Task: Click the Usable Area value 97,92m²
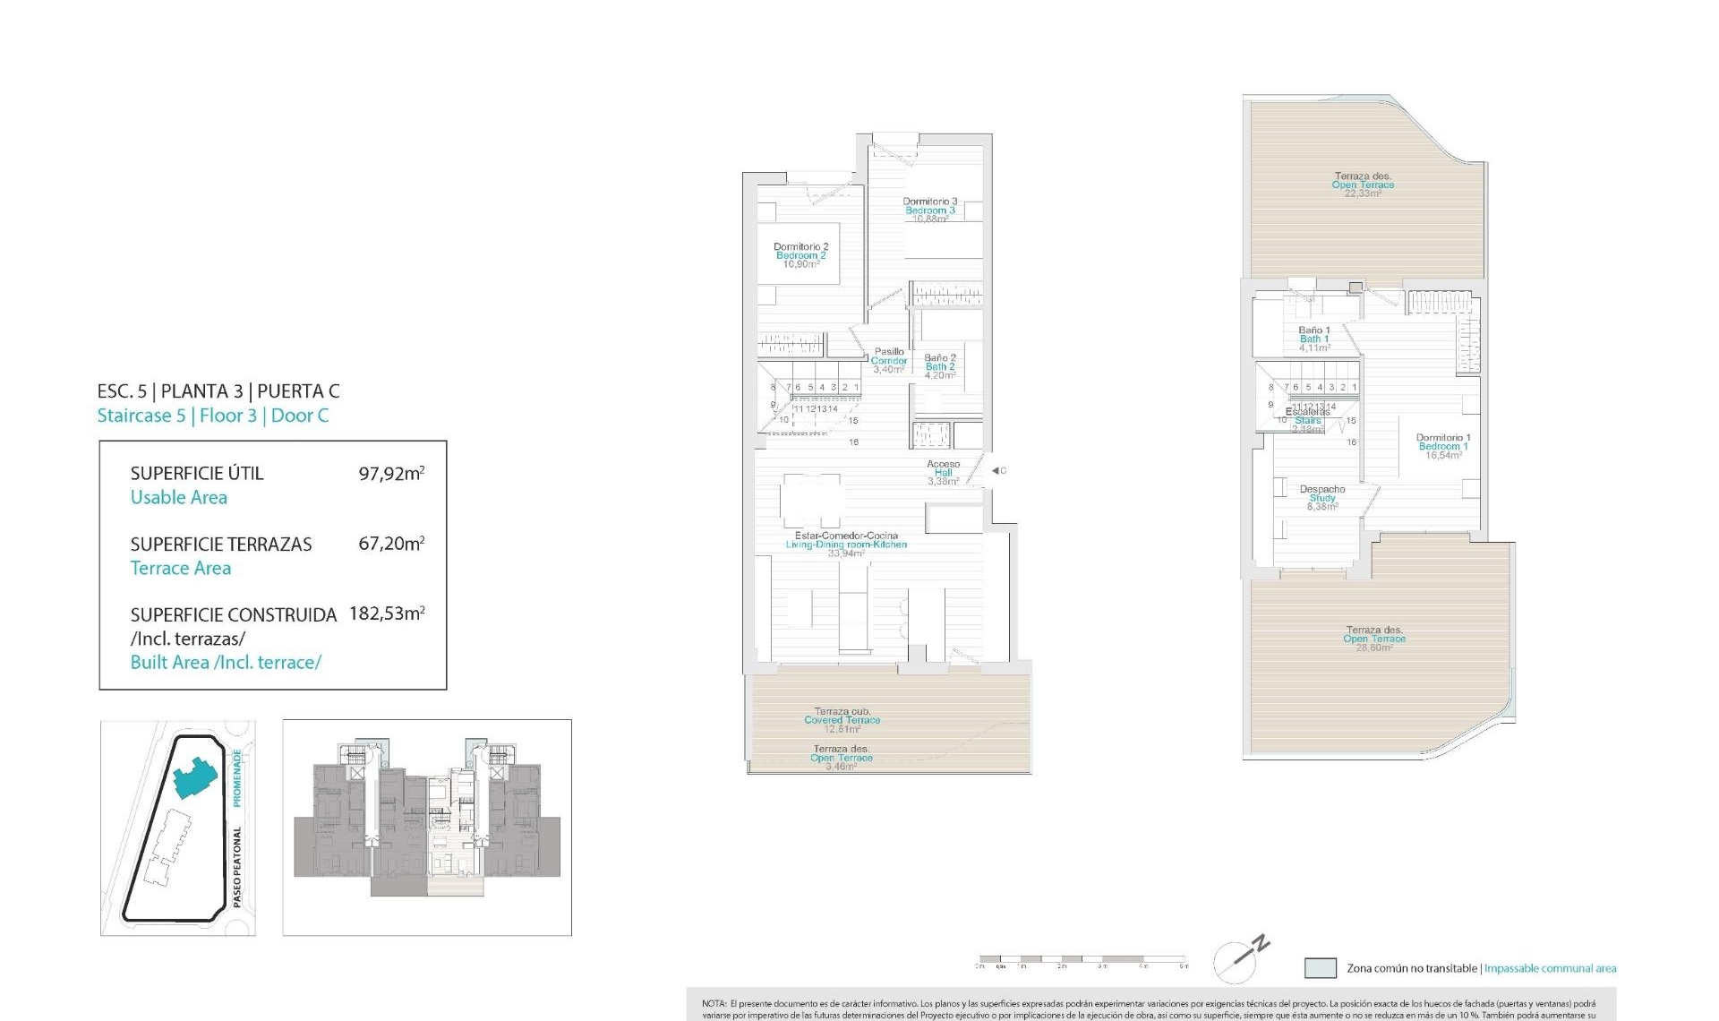point(391,473)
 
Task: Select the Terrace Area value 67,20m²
point(391,544)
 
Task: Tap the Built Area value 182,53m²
point(387,613)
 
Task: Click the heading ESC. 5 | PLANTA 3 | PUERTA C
point(218,391)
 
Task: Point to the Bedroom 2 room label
point(801,255)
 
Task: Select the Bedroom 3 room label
point(930,210)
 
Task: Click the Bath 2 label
point(940,366)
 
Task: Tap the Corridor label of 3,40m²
point(889,361)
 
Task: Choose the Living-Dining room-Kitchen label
point(846,545)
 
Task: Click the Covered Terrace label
point(842,720)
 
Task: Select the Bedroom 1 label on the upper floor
point(1443,446)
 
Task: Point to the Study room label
point(1322,498)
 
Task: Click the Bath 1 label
point(1314,339)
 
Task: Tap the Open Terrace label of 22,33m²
point(1363,184)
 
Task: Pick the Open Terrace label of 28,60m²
point(1374,639)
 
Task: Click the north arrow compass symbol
point(1241,959)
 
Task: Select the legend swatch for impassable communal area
point(1321,968)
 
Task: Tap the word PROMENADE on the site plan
point(237,778)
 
